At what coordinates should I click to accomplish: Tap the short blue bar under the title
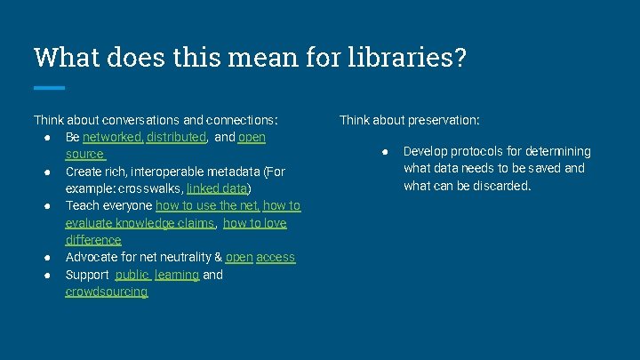(49, 87)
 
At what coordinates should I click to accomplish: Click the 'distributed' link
(177, 138)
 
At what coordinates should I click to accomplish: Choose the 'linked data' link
(217, 189)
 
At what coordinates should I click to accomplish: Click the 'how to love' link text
(255, 223)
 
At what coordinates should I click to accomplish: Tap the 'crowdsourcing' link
(107, 292)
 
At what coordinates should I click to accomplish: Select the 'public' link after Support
(132, 275)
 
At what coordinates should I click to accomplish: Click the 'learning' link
(177, 275)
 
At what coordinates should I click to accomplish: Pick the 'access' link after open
(276, 258)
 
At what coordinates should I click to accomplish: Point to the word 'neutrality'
(176, 258)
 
